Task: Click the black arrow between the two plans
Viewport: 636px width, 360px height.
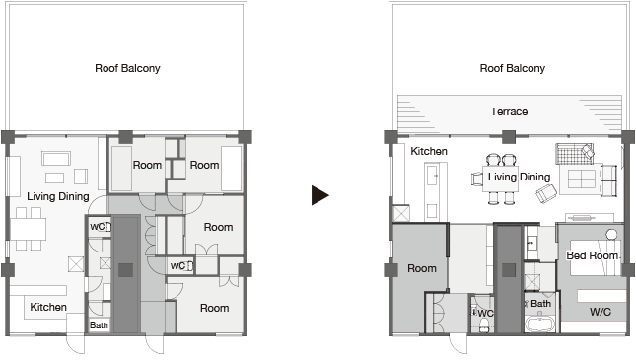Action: (x=319, y=195)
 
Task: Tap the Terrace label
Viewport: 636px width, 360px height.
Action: (x=509, y=111)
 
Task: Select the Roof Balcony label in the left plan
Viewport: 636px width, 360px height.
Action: (x=127, y=68)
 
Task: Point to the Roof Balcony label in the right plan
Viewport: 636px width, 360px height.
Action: (x=513, y=68)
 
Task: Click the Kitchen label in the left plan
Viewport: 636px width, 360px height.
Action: (x=48, y=307)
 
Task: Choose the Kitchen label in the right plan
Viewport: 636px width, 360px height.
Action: (x=429, y=151)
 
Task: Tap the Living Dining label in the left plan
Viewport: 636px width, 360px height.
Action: (x=58, y=197)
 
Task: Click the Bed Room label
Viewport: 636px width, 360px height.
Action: (x=593, y=255)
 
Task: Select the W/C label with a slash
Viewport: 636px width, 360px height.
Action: (x=601, y=312)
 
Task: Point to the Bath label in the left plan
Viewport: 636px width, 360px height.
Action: (x=99, y=325)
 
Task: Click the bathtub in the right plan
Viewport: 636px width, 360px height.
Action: (x=540, y=324)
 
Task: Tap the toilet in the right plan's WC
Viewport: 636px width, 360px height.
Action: (x=483, y=325)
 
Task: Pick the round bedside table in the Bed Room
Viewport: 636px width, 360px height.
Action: (x=611, y=234)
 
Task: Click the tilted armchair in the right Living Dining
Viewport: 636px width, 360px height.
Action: (x=546, y=193)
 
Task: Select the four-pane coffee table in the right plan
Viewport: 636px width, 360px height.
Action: (x=581, y=179)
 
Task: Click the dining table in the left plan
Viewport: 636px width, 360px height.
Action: (x=28, y=229)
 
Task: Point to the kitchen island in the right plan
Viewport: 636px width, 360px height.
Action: (x=432, y=191)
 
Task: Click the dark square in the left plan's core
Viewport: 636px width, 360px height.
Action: (x=125, y=270)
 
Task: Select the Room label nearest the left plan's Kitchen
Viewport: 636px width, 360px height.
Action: (x=215, y=308)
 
